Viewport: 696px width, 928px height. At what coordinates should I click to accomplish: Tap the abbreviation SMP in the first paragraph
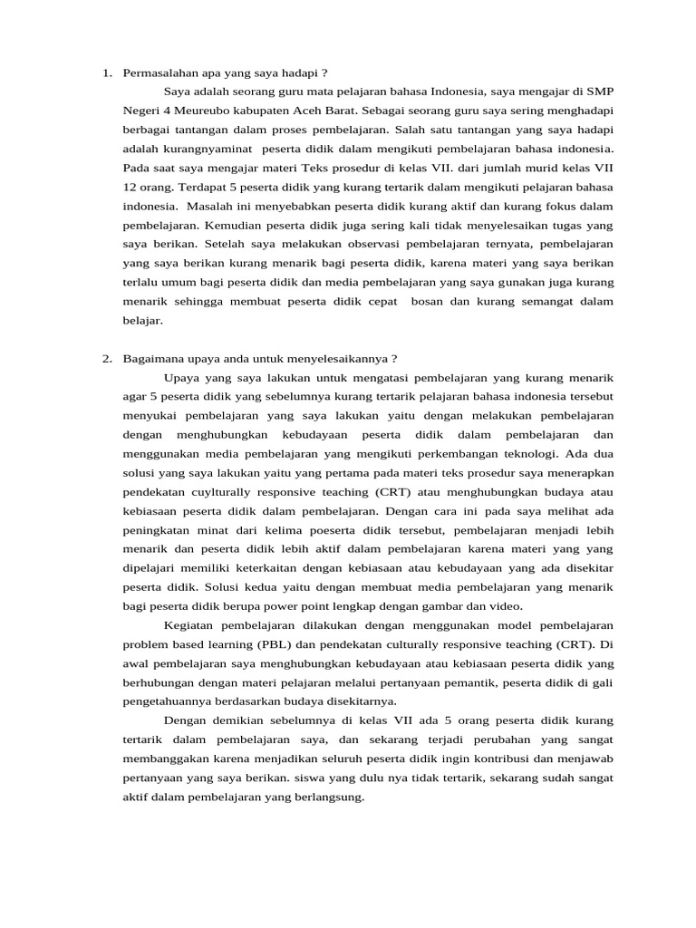598,91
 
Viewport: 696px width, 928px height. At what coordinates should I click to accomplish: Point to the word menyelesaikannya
344,359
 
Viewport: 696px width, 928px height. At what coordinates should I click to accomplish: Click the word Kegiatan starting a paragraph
188,625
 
